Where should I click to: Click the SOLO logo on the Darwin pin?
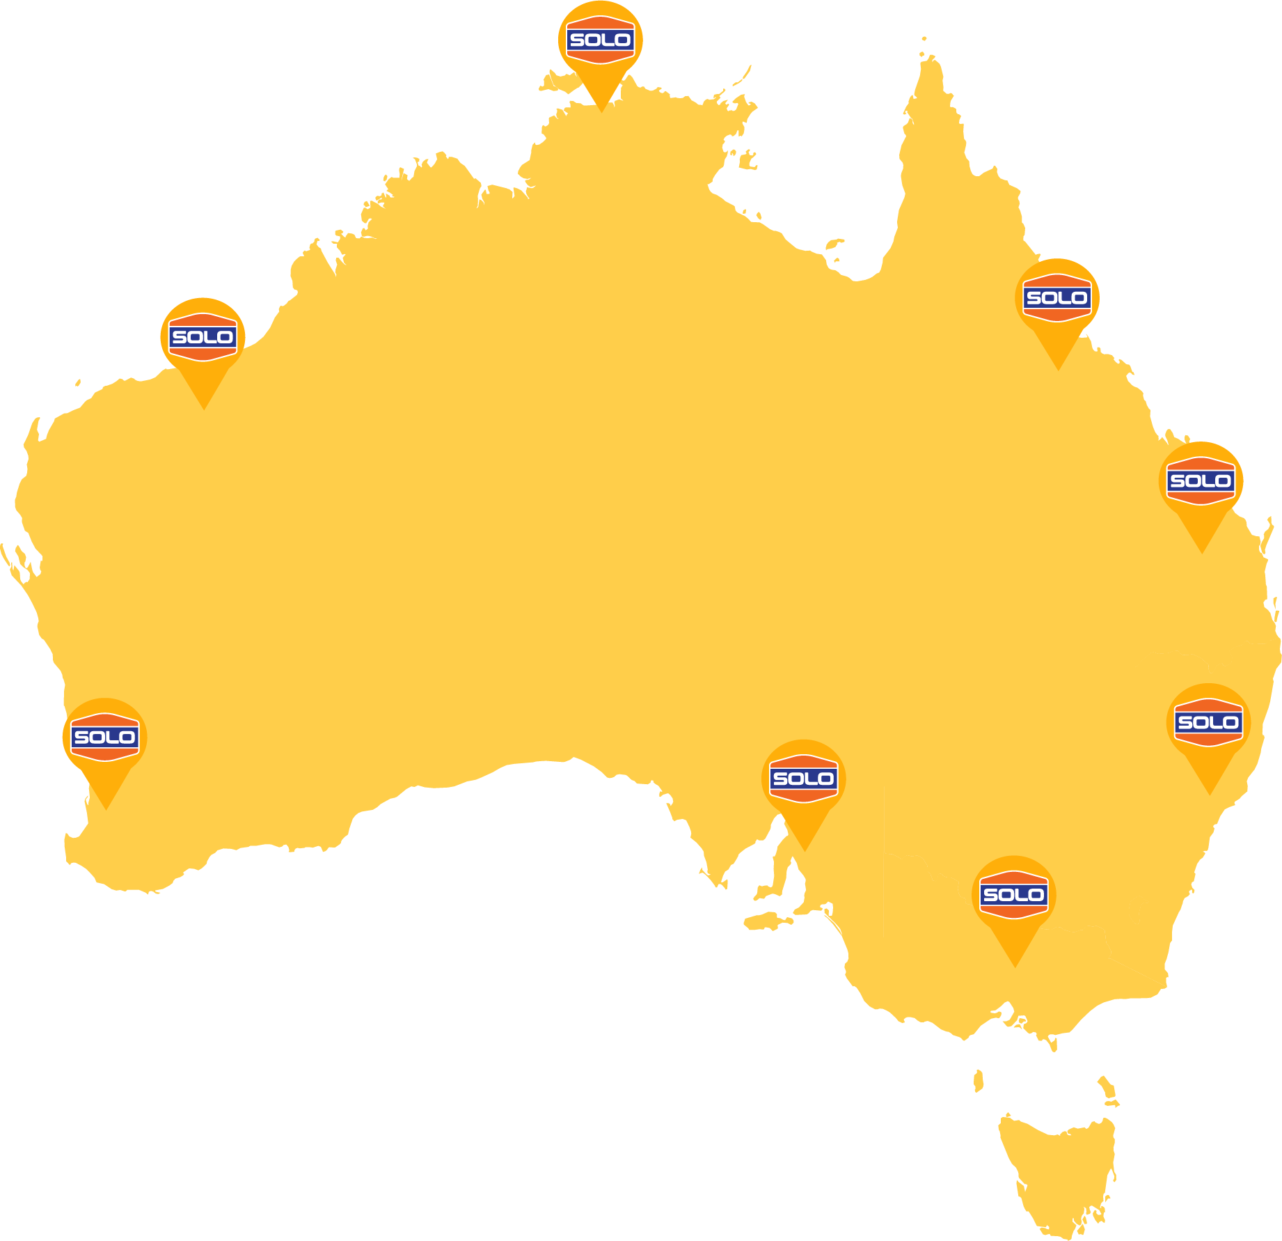pos(600,40)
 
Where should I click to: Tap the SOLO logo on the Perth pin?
pos(104,737)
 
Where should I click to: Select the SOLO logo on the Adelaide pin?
pos(804,779)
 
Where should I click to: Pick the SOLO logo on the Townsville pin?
pos(1057,298)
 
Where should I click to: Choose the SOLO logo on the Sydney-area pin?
pos(1208,722)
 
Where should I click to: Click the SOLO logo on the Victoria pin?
pos(1014,895)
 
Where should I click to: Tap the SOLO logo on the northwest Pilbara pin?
pos(203,338)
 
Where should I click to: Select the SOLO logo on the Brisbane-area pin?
pos(1201,481)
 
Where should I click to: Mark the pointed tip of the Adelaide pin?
pos(805,849)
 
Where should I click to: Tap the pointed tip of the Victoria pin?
pos(1015,965)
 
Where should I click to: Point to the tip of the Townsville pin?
pos(1058,368)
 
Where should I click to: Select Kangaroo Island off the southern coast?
pos(766,921)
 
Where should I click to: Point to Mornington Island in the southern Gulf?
pos(834,244)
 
